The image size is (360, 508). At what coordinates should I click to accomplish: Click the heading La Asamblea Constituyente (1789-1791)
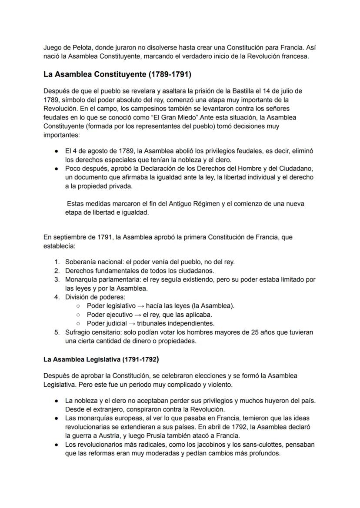pyautogui.click(x=117, y=74)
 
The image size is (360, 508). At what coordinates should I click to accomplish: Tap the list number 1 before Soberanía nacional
pyautogui.click(x=57, y=262)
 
